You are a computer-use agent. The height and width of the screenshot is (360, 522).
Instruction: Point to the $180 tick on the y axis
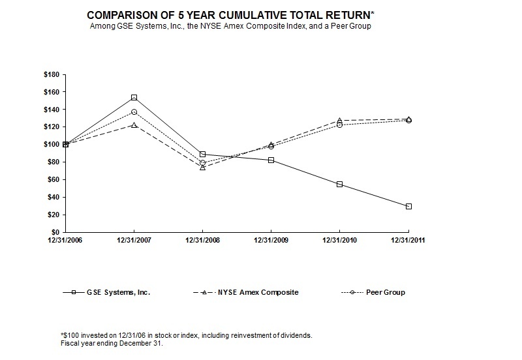coord(51,74)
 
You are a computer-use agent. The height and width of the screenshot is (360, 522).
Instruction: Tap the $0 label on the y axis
coord(55,232)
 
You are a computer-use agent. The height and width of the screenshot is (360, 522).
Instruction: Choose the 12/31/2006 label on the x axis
coord(65,241)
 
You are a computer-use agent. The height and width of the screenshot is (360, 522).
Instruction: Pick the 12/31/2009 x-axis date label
coord(271,241)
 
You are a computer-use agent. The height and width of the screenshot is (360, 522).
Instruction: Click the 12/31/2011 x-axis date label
coord(408,241)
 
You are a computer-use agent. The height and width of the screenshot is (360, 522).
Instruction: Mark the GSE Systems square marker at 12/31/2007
coord(134,98)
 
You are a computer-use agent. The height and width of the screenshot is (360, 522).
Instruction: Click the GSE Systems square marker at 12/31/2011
coord(408,206)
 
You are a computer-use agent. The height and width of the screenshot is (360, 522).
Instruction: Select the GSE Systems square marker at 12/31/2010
coord(339,185)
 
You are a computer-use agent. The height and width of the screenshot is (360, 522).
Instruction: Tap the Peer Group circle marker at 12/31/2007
coord(134,112)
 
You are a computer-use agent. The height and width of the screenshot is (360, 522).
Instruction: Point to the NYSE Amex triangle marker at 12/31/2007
coord(134,125)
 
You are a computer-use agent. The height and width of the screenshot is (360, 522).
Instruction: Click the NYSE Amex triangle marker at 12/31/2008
coord(202,168)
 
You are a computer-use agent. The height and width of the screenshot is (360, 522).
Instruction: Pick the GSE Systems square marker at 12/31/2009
coord(271,160)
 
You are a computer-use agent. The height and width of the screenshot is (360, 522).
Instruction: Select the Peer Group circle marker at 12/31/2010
coord(339,125)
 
